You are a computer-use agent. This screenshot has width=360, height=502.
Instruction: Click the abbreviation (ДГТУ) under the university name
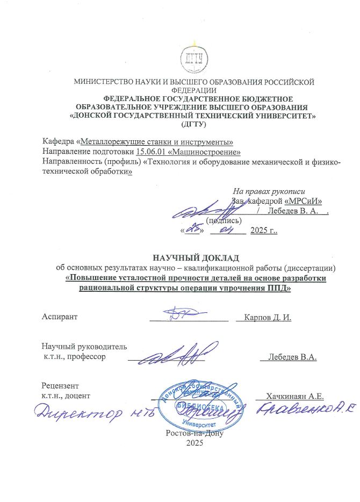[x=193, y=124]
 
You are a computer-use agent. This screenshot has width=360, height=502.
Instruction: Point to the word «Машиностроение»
[x=206, y=152]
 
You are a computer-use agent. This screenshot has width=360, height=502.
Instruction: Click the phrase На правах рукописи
[x=269, y=191]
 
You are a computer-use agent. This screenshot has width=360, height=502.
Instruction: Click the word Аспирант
[x=60, y=317]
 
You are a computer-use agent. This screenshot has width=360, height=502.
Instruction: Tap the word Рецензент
[x=60, y=386]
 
